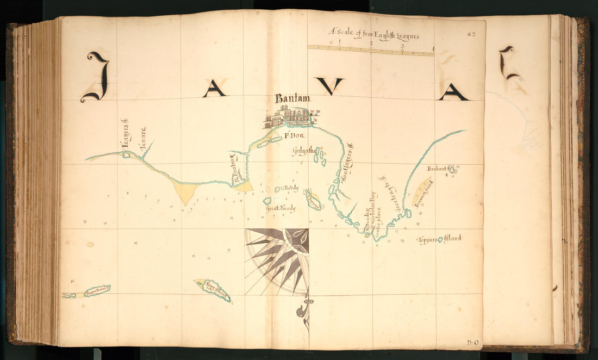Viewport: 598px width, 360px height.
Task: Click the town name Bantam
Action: click(x=292, y=98)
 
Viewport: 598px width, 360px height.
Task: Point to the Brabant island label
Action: click(x=437, y=169)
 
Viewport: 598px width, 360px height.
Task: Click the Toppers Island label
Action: click(x=439, y=239)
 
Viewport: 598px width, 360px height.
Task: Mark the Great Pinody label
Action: click(x=281, y=208)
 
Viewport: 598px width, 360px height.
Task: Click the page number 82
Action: click(x=471, y=34)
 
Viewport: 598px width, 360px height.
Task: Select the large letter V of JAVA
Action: click(x=329, y=86)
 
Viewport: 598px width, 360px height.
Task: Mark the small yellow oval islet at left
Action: click(x=90, y=244)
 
